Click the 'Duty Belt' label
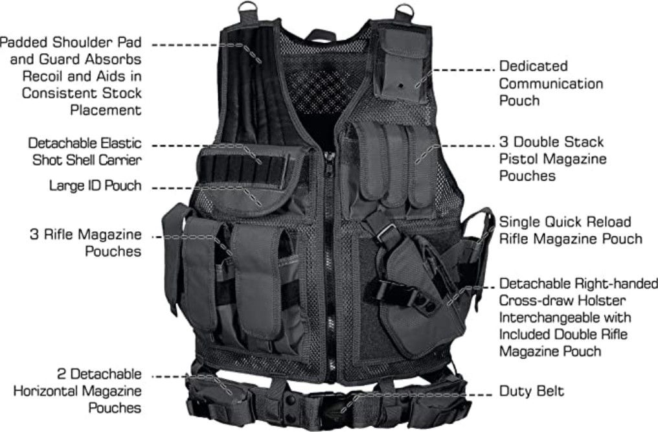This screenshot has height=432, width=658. (531, 391)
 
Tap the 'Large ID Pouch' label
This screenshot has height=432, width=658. (95, 186)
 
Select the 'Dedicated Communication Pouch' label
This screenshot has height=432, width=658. (550, 83)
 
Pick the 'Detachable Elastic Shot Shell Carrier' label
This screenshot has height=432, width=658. (85, 152)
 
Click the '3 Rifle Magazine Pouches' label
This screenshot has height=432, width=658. (85, 243)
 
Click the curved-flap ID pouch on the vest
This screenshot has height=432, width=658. (247, 198)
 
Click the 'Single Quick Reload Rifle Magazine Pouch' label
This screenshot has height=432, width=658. (571, 230)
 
